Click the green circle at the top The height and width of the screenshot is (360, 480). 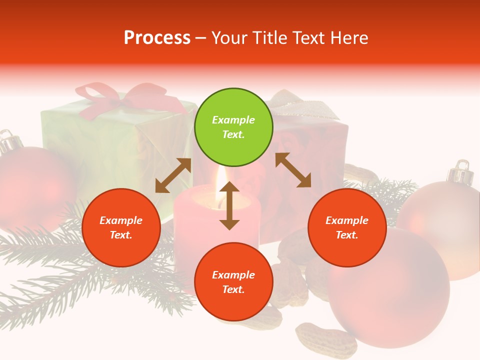[233, 127]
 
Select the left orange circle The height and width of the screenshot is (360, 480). [121, 227]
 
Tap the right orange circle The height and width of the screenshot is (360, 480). [347, 227]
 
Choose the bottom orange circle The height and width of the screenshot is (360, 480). [233, 282]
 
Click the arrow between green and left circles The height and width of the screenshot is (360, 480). [173, 175]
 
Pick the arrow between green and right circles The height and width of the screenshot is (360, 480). [293, 170]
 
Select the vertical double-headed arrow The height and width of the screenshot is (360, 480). [229, 205]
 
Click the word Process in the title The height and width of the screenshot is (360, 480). [157, 37]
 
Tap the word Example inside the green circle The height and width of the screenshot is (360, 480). [233, 120]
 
